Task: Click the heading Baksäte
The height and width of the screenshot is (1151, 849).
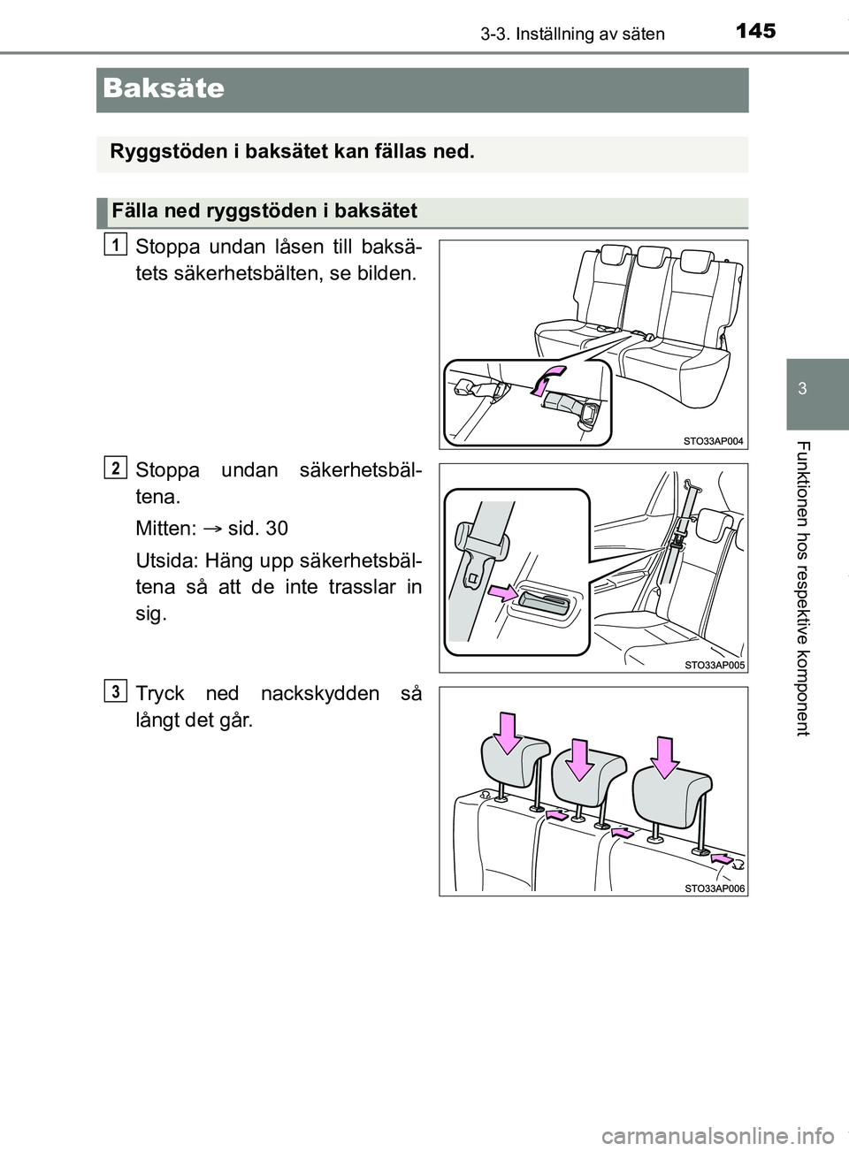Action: tap(164, 88)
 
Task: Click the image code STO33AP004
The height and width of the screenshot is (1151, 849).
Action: tap(714, 439)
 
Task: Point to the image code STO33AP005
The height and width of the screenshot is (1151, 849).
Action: tap(714, 664)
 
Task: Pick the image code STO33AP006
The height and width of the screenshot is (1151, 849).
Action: tap(714, 888)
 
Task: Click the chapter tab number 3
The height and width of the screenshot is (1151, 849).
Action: tap(815, 390)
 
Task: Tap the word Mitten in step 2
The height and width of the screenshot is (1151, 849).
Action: tap(165, 529)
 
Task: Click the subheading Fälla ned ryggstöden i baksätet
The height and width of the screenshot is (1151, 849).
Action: tap(264, 210)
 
